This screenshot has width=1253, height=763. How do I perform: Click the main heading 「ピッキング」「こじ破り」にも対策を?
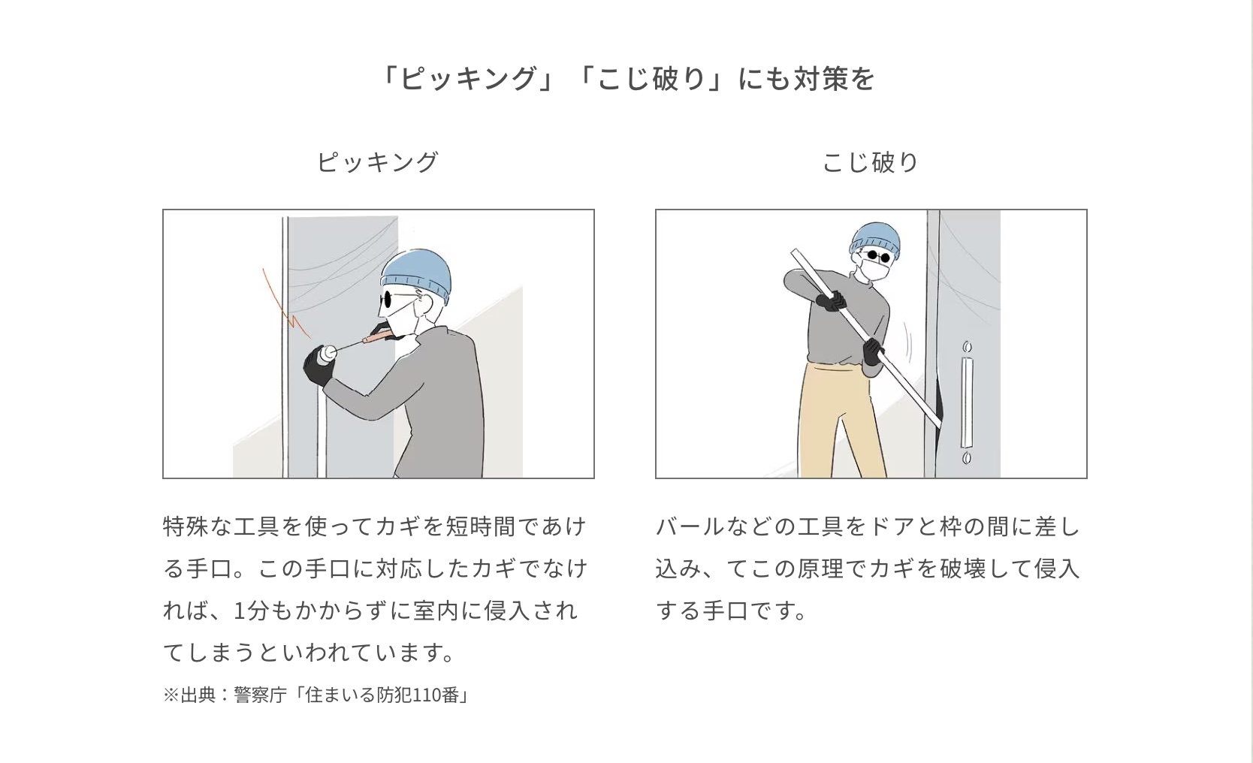(x=626, y=78)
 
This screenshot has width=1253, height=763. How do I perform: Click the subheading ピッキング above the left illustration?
(x=378, y=162)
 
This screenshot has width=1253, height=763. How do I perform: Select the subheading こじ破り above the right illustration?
(x=871, y=162)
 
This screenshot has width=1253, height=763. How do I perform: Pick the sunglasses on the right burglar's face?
(x=873, y=257)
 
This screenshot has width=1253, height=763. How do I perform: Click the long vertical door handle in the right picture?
(x=967, y=403)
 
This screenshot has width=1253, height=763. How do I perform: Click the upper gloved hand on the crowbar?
(x=832, y=302)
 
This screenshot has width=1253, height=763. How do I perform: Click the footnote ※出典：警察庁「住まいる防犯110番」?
(x=316, y=695)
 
